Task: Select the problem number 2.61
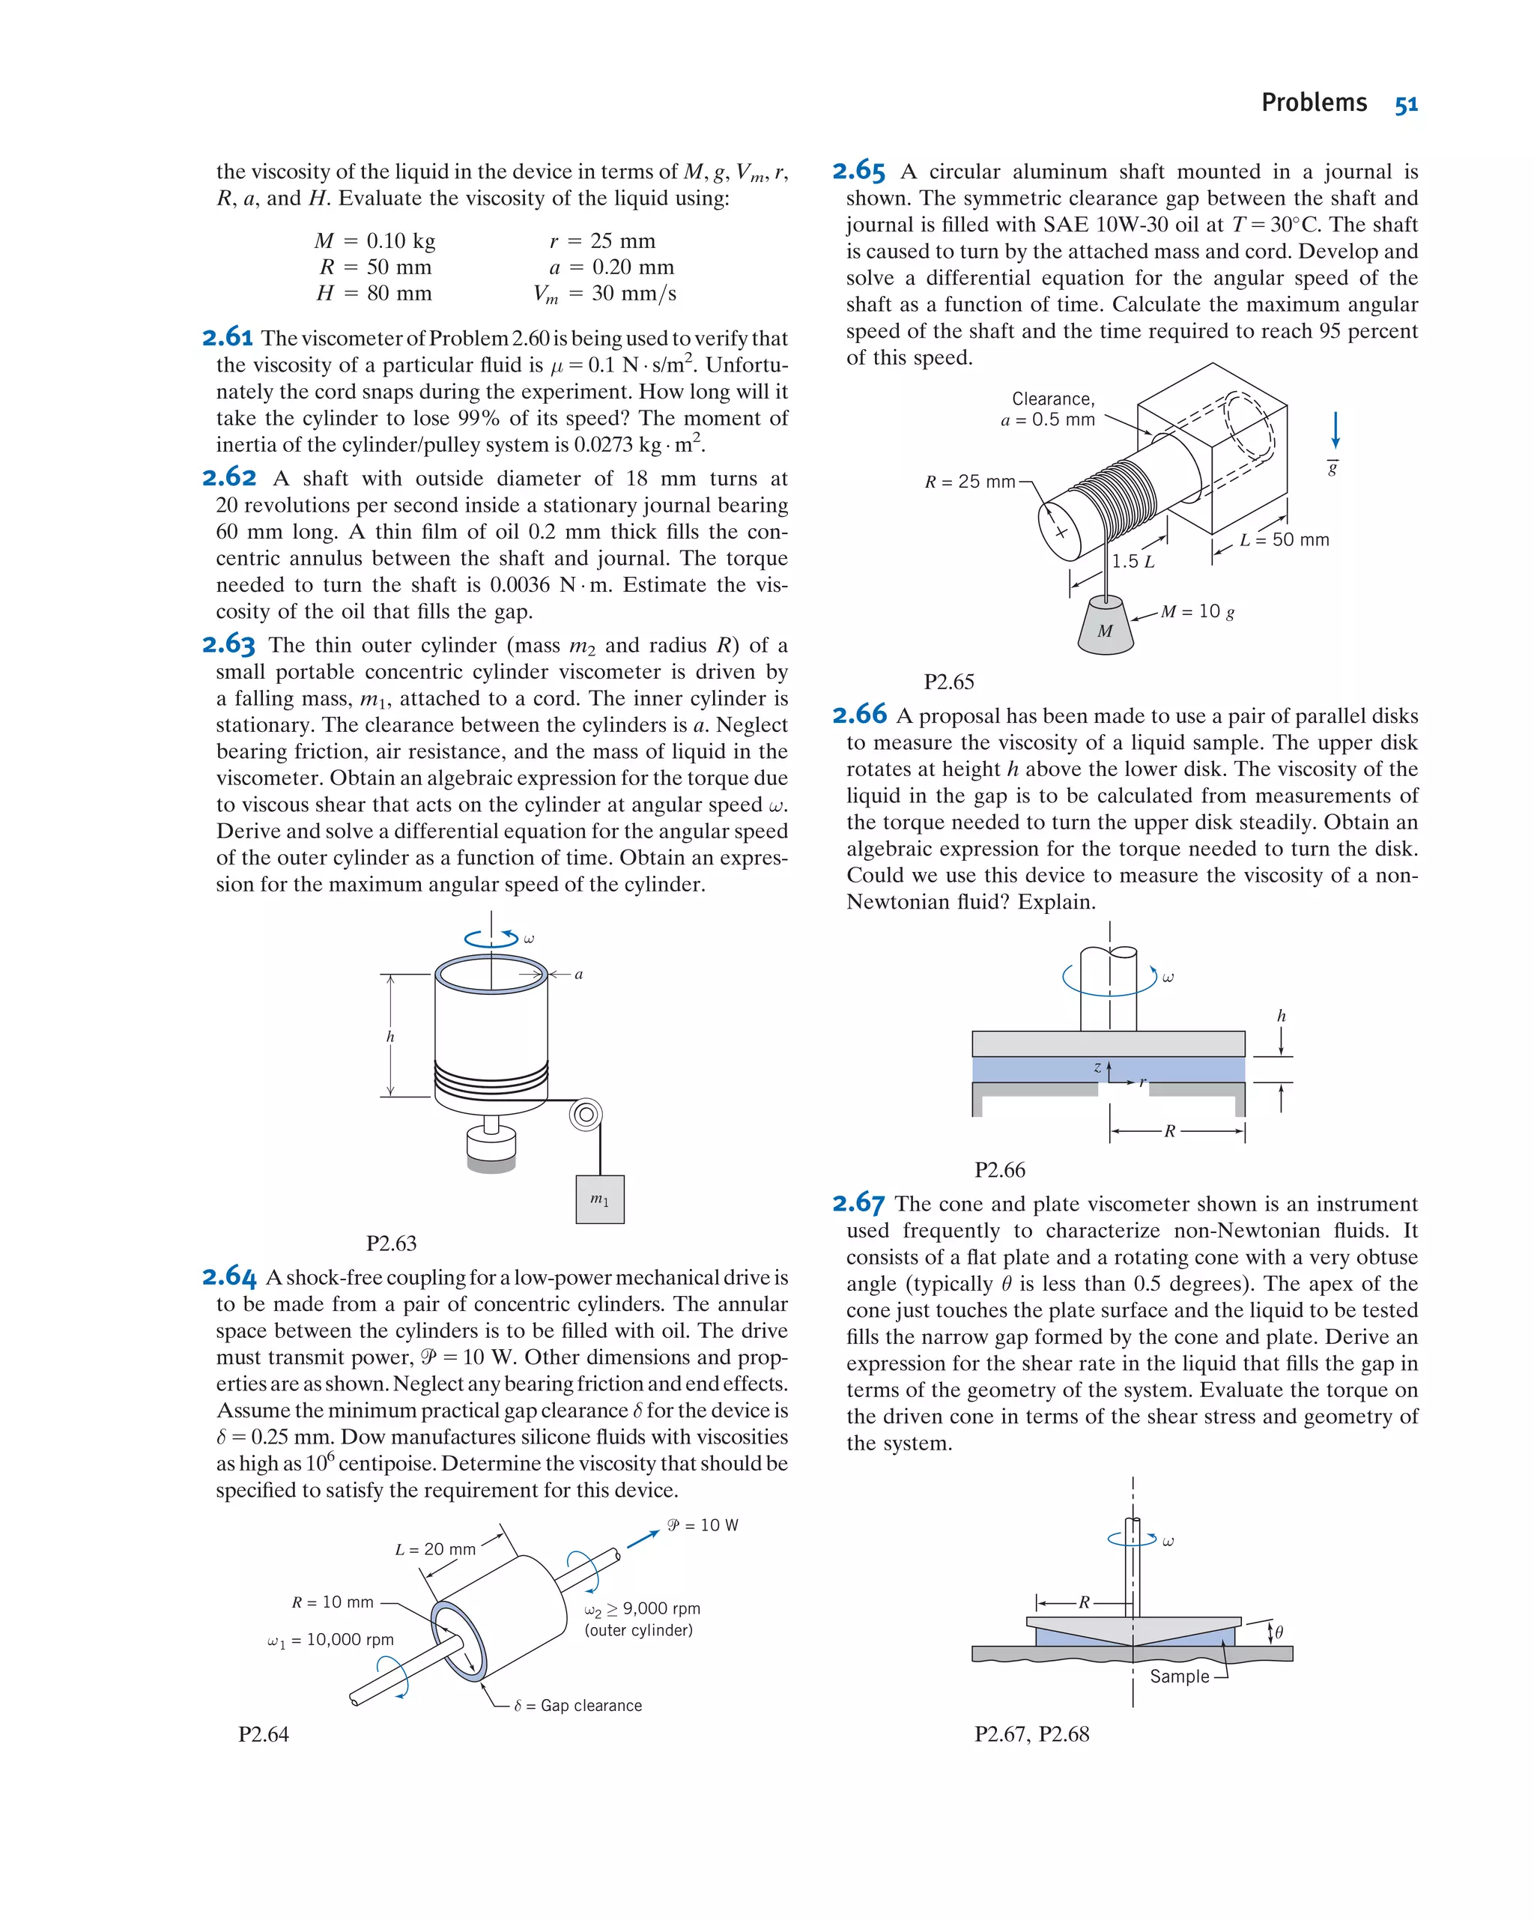click(228, 338)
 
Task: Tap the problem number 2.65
click(858, 170)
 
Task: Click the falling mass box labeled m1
click(599, 1199)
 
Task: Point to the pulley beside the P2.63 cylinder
click(585, 1114)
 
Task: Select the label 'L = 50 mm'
click(1284, 539)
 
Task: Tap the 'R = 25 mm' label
click(969, 482)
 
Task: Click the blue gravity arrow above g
click(1335, 430)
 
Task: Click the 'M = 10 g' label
click(1198, 611)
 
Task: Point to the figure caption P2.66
click(999, 1169)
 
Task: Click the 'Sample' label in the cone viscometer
click(1179, 1676)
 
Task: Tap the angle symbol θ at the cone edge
click(1279, 1632)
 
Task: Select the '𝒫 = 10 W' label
click(703, 1525)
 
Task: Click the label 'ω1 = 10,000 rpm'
click(330, 1640)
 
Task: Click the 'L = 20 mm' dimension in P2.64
click(435, 1549)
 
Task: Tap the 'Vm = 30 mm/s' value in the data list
click(604, 293)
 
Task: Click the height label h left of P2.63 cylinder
click(390, 1037)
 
